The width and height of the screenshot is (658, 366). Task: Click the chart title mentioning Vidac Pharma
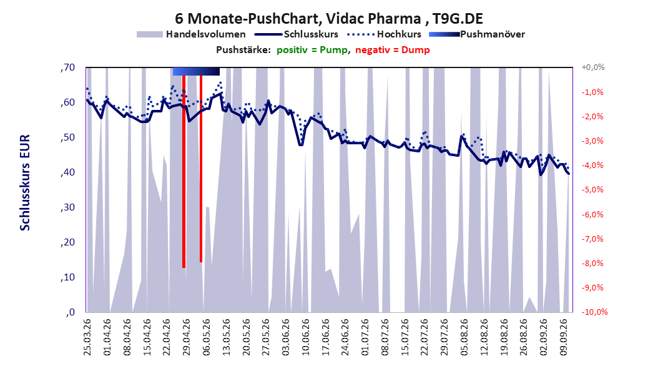point(328,19)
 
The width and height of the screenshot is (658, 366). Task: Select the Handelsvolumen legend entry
point(191,34)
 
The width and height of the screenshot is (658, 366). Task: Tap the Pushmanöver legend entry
point(477,34)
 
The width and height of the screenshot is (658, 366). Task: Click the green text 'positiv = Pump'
point(312,50)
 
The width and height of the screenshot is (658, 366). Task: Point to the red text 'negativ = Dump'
point(393,50)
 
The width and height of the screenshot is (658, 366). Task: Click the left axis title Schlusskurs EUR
point(25,182)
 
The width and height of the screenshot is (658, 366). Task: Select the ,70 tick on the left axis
point(67,67)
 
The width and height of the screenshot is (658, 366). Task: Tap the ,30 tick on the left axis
point(67,207)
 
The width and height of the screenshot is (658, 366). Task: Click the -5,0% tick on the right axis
point(592,190)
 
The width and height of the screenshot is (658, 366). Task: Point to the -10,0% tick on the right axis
point(594,312)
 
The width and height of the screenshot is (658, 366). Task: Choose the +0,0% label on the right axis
point(592,67)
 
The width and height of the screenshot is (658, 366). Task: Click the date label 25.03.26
point(87,337)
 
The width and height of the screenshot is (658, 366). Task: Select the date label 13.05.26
point(226,337)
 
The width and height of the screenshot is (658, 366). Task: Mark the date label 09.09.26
point(564,337)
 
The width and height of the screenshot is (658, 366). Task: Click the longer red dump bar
point(184,171)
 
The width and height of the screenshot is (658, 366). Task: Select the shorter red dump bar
point(201,169)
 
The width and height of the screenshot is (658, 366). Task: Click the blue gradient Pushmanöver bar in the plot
point(196,71)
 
